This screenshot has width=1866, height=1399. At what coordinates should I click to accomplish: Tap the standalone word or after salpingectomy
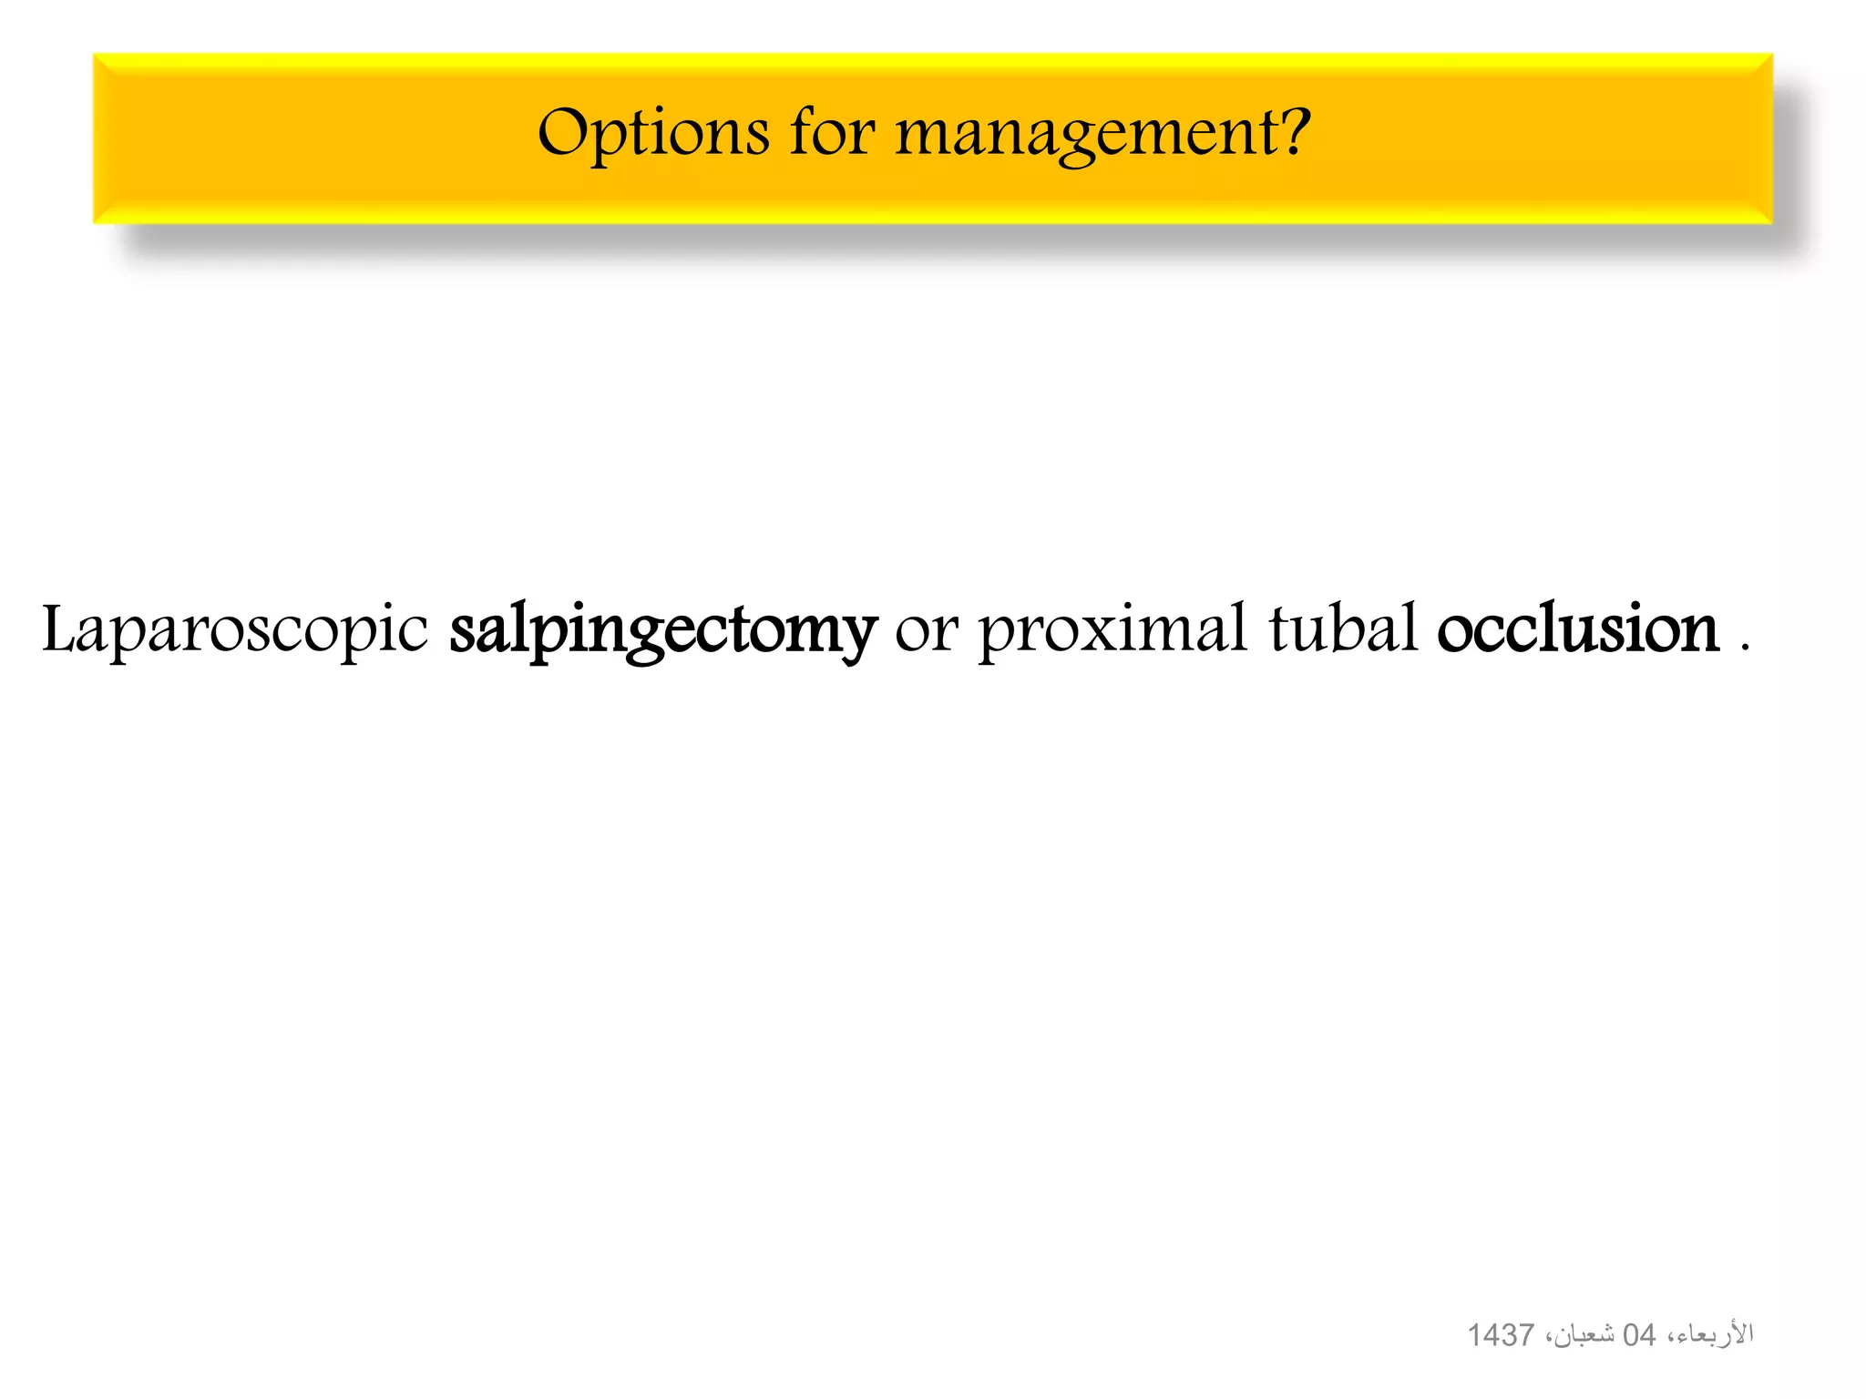[927, 630]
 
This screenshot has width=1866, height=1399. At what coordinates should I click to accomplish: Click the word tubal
[1344, 628]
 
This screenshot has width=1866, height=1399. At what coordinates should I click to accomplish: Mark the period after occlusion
[1745, 646]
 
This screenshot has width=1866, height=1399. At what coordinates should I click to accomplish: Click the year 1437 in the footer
[1501, 1335]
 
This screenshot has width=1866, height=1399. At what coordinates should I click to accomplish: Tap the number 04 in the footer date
[1639, 1335]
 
